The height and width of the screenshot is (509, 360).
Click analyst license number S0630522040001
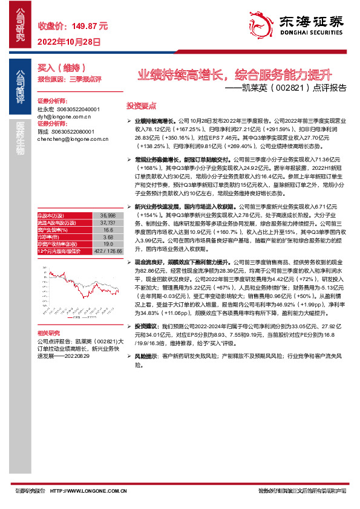click(73, 109)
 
